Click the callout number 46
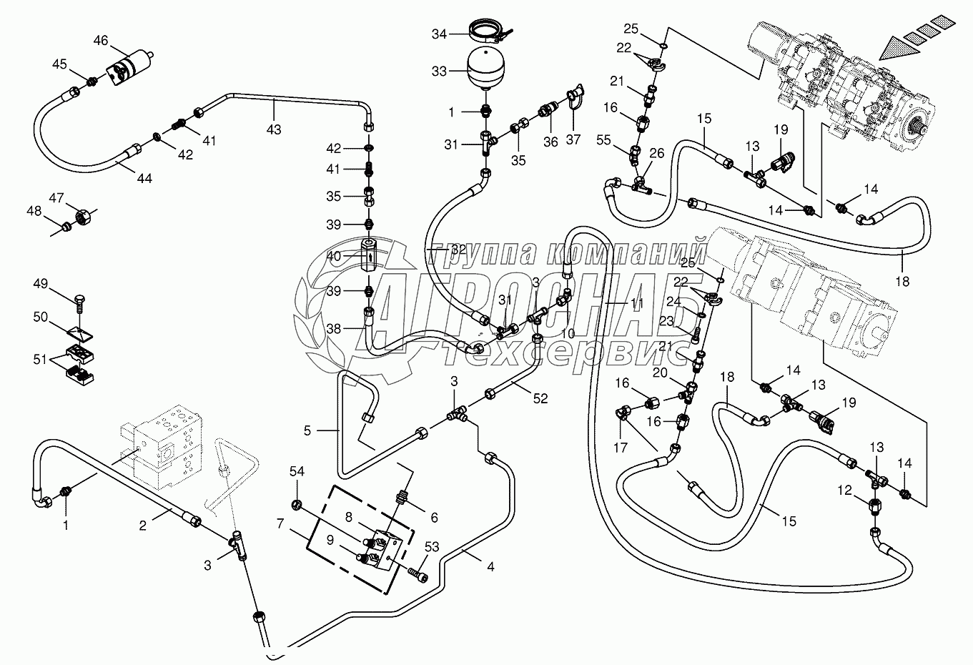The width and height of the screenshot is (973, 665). [100, 41]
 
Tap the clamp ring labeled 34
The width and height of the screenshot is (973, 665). [490, 32]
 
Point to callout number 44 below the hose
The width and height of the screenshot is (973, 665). [145, 178]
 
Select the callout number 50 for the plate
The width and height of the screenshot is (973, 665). [41, 317]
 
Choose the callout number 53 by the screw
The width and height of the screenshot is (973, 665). [431, 548]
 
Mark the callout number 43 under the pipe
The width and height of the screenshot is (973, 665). [274, 129]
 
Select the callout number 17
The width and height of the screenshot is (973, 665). [619, 448]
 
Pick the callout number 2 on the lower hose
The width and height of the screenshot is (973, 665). [143, 526]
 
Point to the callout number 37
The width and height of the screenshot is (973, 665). [573, 139]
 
